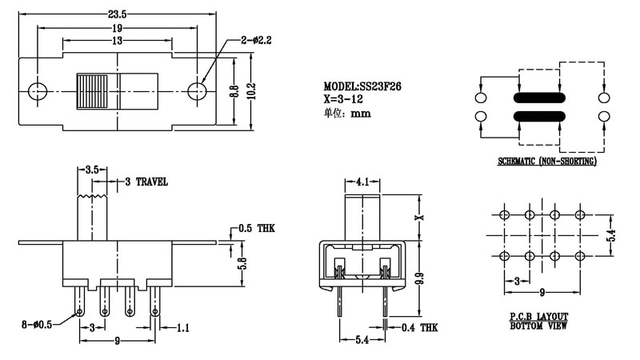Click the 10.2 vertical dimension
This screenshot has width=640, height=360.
250,93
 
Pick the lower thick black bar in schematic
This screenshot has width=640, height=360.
540,118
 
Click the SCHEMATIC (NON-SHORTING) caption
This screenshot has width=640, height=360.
547,162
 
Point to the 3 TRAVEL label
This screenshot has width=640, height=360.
146,182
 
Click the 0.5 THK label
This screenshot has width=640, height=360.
256,228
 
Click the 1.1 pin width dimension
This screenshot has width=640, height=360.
182,327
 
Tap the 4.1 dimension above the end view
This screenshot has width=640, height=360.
362,182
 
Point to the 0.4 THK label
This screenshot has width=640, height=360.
418,326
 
